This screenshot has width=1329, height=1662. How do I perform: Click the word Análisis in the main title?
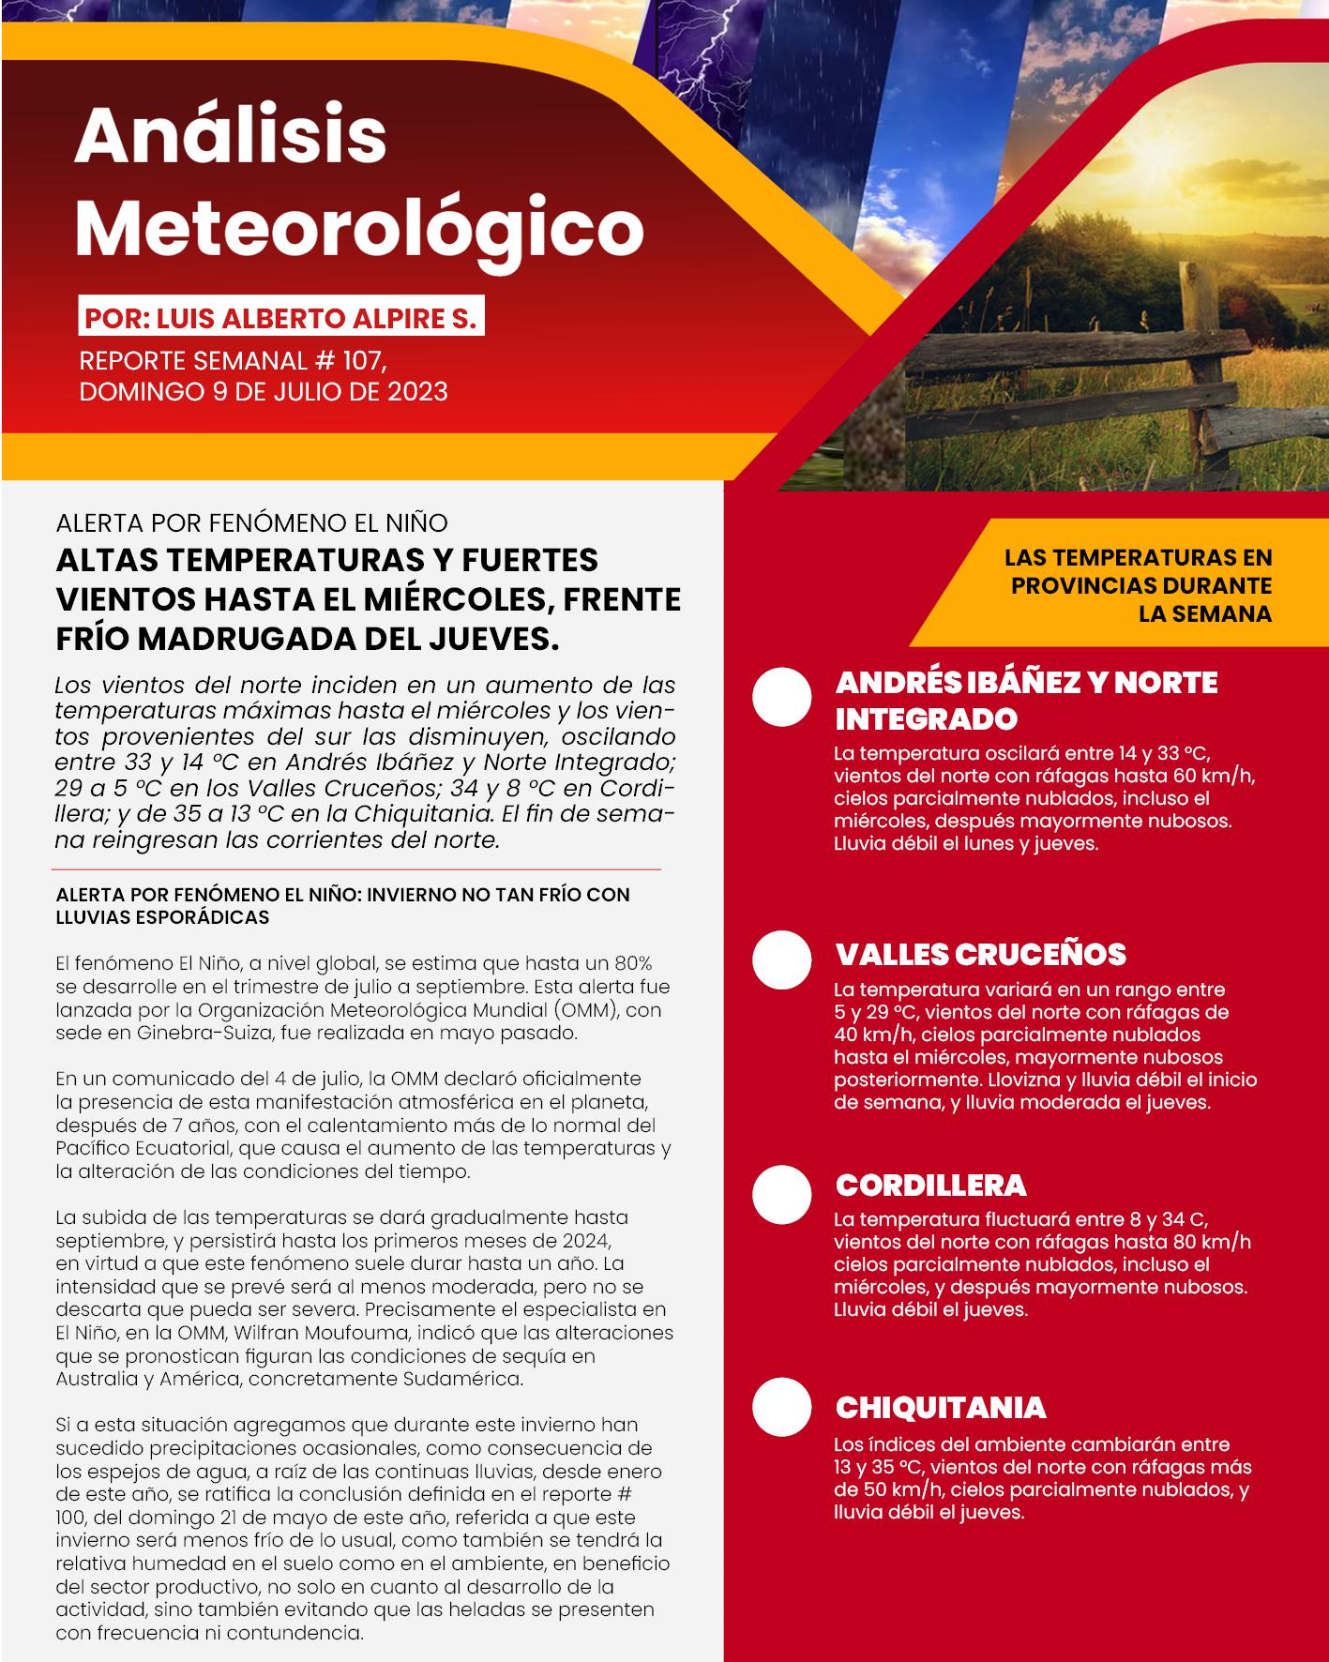pos(231,136)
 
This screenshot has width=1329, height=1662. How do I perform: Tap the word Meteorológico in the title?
pos(359,228)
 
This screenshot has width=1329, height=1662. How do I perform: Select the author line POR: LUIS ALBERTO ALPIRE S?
pos(280,319)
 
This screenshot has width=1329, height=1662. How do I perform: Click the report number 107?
pos(360,361)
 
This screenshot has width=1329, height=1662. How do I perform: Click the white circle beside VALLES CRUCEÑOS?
pos(781,959)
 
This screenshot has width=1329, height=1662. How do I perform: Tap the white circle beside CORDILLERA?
pos(781,1194)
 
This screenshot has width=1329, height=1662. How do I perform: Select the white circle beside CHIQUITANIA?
pos(781,1408)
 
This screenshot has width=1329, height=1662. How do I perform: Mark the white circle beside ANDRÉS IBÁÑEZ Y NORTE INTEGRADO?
pos(781,698)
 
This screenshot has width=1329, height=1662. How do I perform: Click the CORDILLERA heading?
pos(930,1186)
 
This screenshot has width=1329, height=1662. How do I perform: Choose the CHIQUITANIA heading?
pos(940,1408)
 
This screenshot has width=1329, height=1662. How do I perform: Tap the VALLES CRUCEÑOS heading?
pos(980,955)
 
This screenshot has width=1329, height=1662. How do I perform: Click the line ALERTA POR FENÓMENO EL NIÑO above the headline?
pos(251,522)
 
